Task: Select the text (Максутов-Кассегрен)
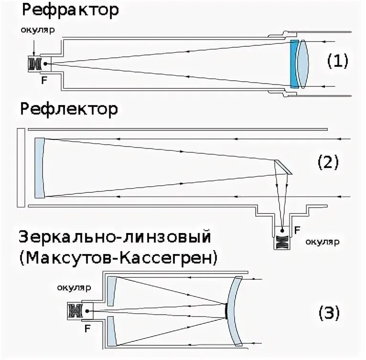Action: click(x=119, y=258)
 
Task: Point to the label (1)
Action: click(x=338, y=61)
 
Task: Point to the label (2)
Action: click(x=328, y=162)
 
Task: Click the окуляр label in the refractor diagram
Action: click(x=38, y=30)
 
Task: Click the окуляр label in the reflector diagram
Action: click(x=323, y=241)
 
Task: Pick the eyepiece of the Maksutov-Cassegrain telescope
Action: click(x=75, y=311)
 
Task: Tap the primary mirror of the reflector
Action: click(x=39, y=167)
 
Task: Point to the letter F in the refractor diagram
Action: click(x=44, y=80)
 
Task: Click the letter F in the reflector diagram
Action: click(x=297, y=230)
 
